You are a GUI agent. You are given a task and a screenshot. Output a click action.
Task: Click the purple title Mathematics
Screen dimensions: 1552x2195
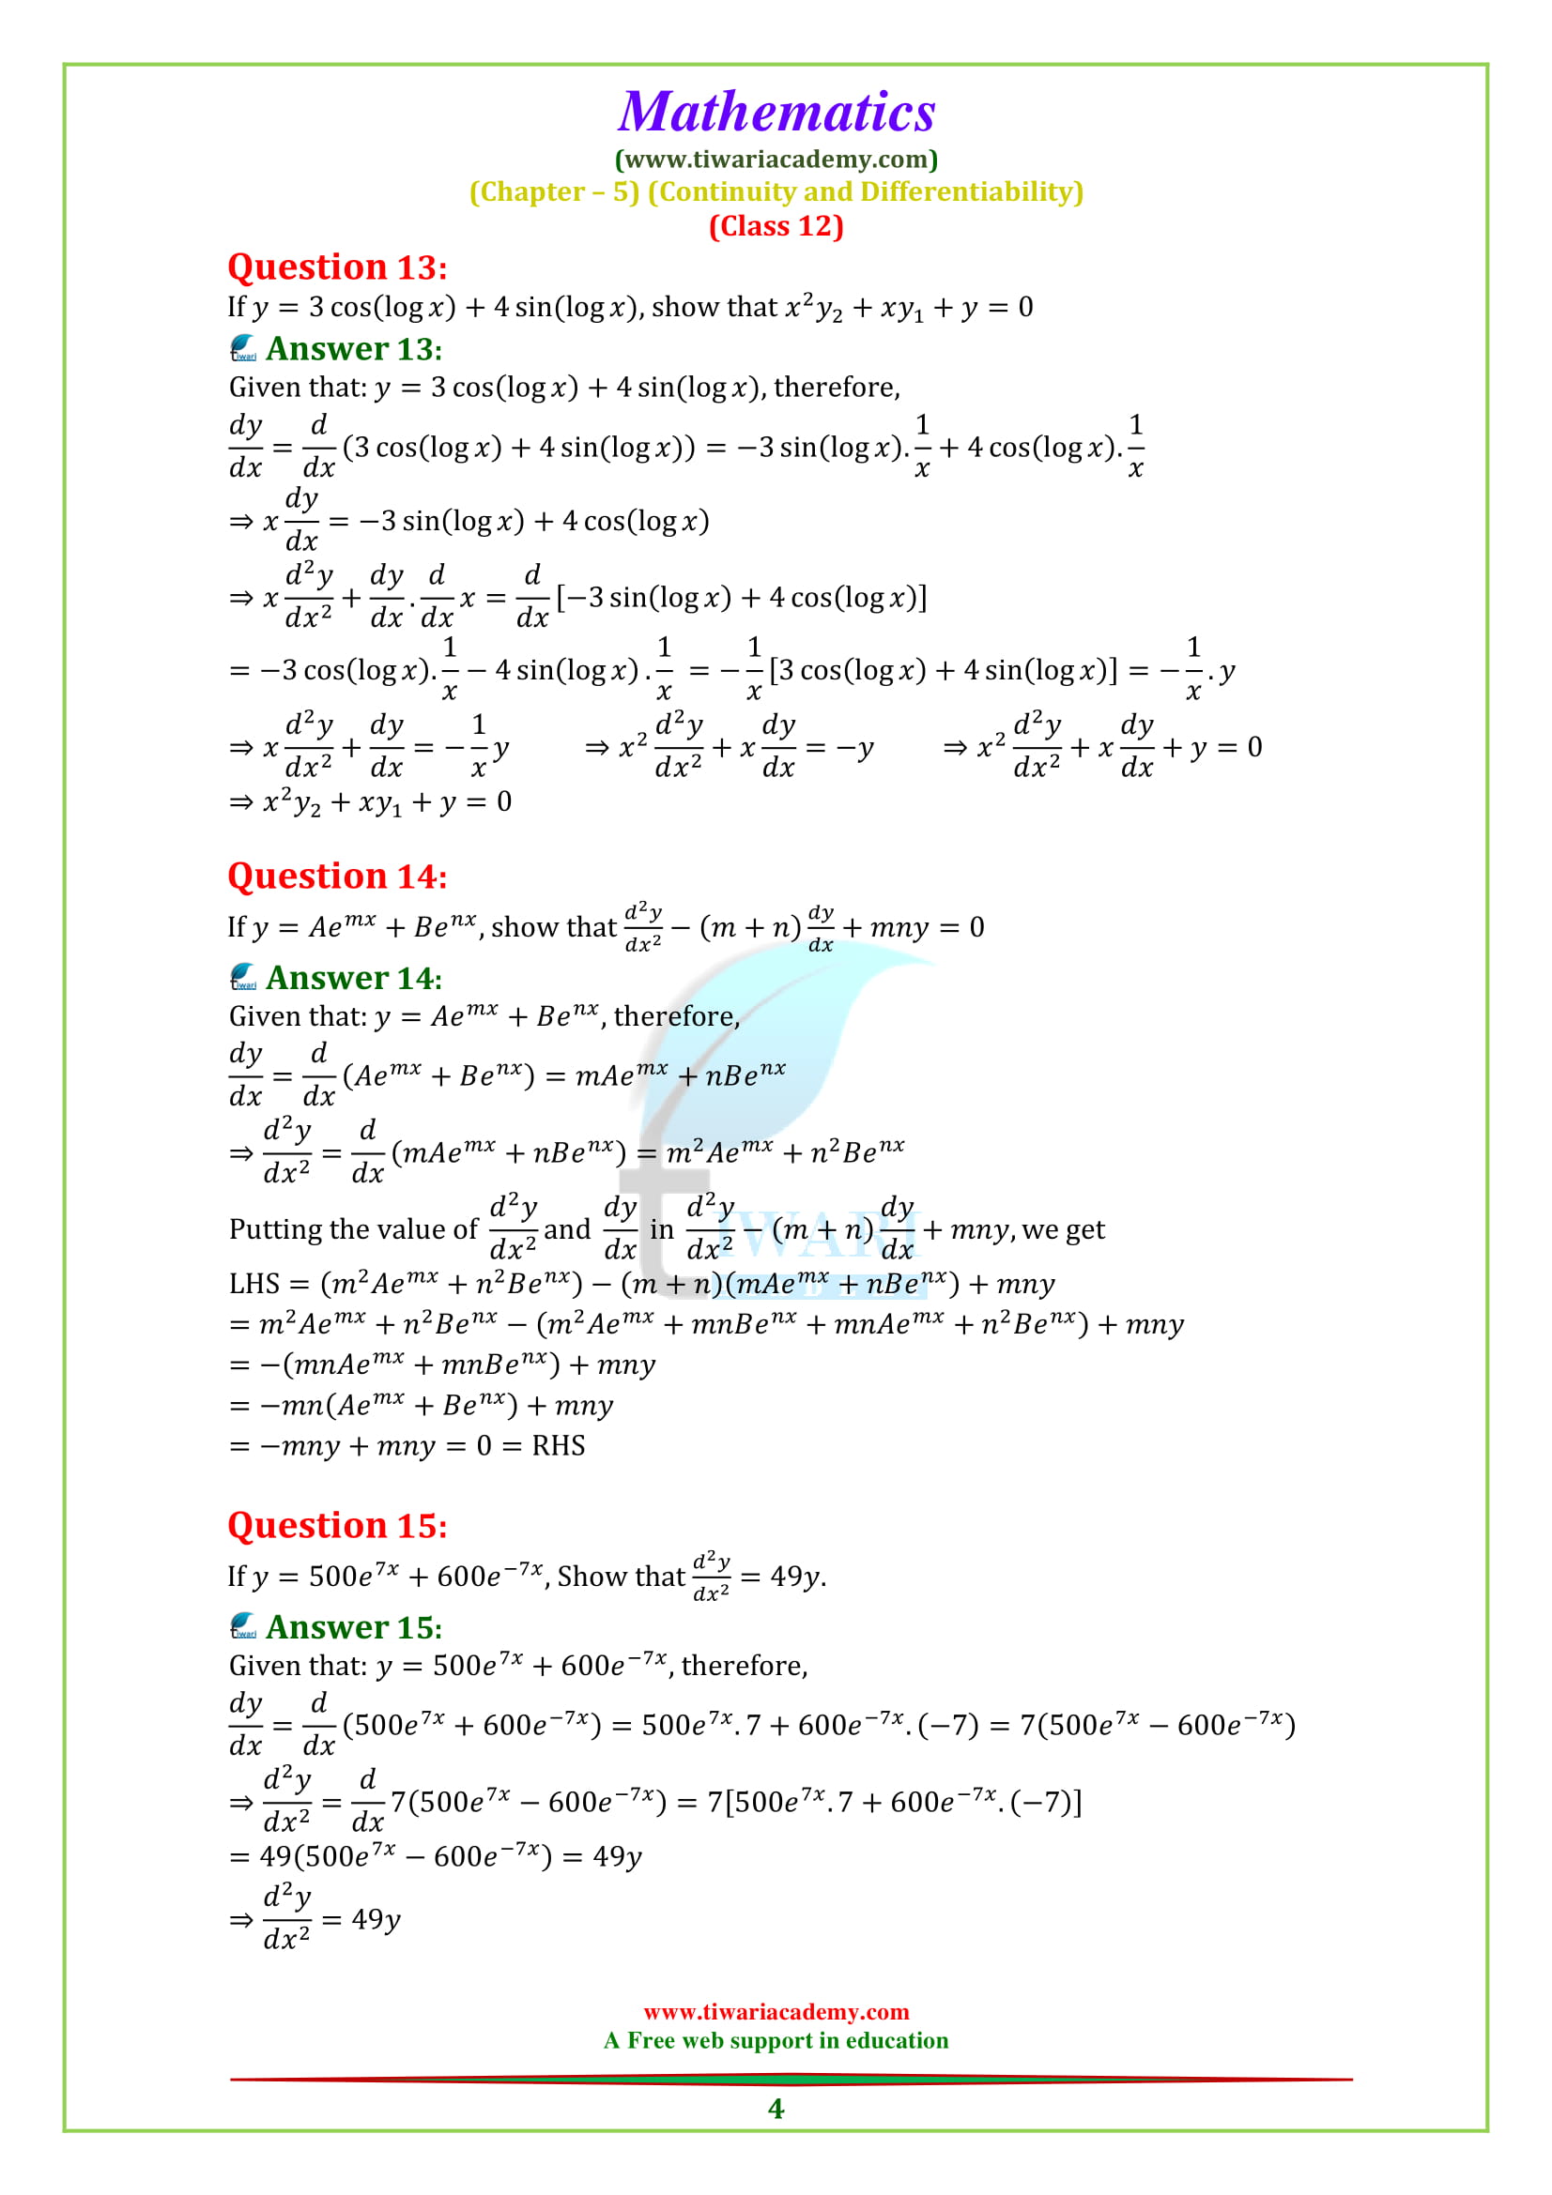point(776,113)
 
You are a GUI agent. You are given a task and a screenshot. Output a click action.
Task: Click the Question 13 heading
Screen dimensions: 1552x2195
point(337,267)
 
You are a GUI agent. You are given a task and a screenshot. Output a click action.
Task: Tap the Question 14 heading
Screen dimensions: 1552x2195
point(337,876)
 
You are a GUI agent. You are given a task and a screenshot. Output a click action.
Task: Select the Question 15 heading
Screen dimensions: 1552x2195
point(337,1526)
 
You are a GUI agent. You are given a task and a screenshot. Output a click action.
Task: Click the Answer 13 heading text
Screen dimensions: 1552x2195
point(354,350)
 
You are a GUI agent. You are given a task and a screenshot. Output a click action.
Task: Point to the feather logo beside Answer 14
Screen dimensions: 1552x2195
point(243,976)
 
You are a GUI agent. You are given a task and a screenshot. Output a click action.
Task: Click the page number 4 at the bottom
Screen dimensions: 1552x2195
point(776,2108)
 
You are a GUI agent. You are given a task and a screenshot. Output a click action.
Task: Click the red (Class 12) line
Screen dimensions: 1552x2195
point(776,226)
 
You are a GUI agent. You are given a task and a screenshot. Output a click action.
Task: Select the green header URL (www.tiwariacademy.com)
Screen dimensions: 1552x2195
point(776,159)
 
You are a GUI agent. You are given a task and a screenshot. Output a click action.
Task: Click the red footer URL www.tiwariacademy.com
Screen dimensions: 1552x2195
point(776,2011)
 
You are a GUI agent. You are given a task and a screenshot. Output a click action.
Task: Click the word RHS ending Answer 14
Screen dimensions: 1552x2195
point(558,1445)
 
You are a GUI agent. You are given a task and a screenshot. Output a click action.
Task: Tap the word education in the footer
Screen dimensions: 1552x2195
point(897,2040)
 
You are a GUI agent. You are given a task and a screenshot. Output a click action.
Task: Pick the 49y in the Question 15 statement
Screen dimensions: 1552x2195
point(796,1577)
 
